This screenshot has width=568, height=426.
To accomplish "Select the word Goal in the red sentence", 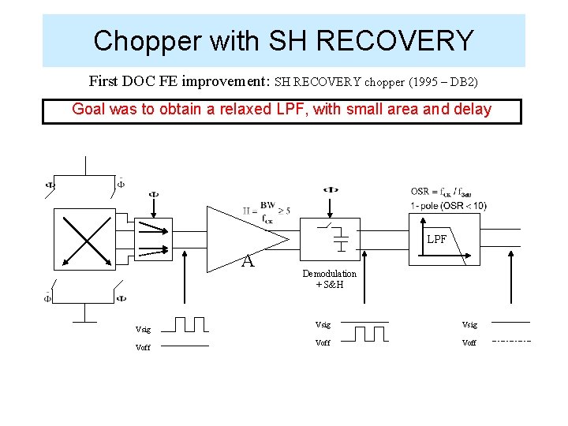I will pyautogui.click(x=89, y=110).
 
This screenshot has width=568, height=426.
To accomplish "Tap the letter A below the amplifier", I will pyautogui.click(x=248, y=261).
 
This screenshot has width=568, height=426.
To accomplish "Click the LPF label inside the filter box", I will pyautogui.click(x=437, y=239).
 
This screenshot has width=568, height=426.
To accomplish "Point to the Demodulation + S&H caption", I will pyautogui.click(x=329, y=278).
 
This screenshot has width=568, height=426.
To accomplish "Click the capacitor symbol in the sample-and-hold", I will pyautogui.click(x=341, y=239).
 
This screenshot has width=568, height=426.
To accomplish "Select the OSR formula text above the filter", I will pyautogui.click(x=441, y=192).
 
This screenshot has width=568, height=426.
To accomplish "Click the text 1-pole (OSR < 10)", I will pyautogui.click(x=448, y=206).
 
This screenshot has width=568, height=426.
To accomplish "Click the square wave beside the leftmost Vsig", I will pyautogui.click(x=189, y=324).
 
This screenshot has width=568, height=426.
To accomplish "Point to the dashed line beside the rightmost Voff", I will pyautogui.click(x=511, y=341).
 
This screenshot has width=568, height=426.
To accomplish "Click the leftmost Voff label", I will pyautogui.click(x=143, y=347).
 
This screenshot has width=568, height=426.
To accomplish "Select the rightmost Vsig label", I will pyautogui.click(x=469, y=324).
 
